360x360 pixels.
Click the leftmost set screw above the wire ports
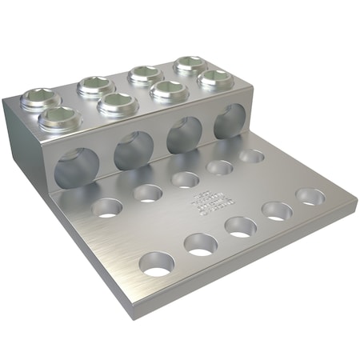(x=59, y=119)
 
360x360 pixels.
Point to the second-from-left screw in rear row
(x=94, y=86)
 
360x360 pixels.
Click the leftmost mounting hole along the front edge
(x=157, y=263)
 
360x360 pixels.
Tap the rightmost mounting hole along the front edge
(x=310, y=196)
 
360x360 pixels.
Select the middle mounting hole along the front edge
(x=241, y=226)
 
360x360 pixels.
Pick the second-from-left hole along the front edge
(x=200, y=243)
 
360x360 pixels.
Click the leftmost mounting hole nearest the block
(x=106, y=209)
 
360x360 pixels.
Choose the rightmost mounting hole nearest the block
(x=251, y=156)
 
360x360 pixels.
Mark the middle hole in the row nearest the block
(x=186, y=180)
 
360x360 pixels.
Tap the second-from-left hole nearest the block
(x=148, y=193)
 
